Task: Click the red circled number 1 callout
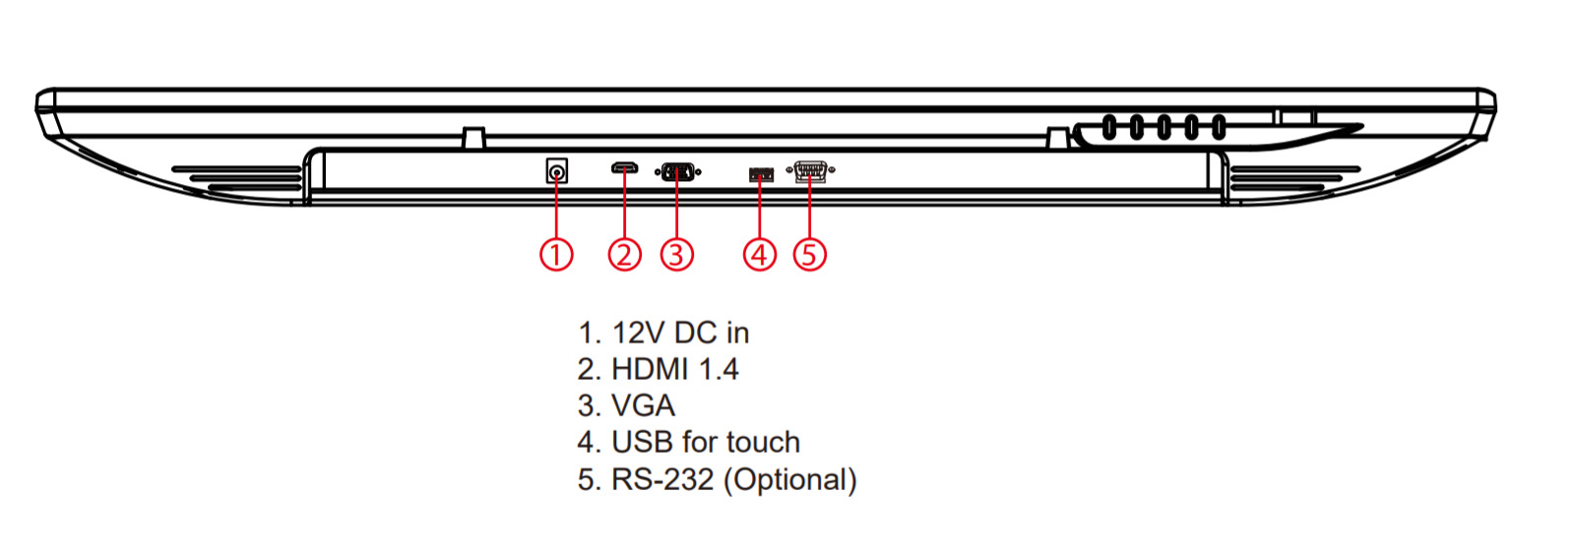(556, 254)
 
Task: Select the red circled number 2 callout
(624, 254)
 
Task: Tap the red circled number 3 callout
(676, 254)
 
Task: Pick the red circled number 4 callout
(759, 254)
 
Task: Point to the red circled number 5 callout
(809, 254)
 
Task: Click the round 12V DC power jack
(557, 172)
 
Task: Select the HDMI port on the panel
(624, 168)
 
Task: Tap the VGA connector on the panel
(677, 172)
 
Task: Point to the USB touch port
(761, 174)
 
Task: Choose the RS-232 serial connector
(810, 171)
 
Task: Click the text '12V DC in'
(680, 333)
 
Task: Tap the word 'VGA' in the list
(643, 405)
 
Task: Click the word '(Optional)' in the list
(790, 479)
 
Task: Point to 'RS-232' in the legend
(661, 479)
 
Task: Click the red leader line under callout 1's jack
(556, 212)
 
